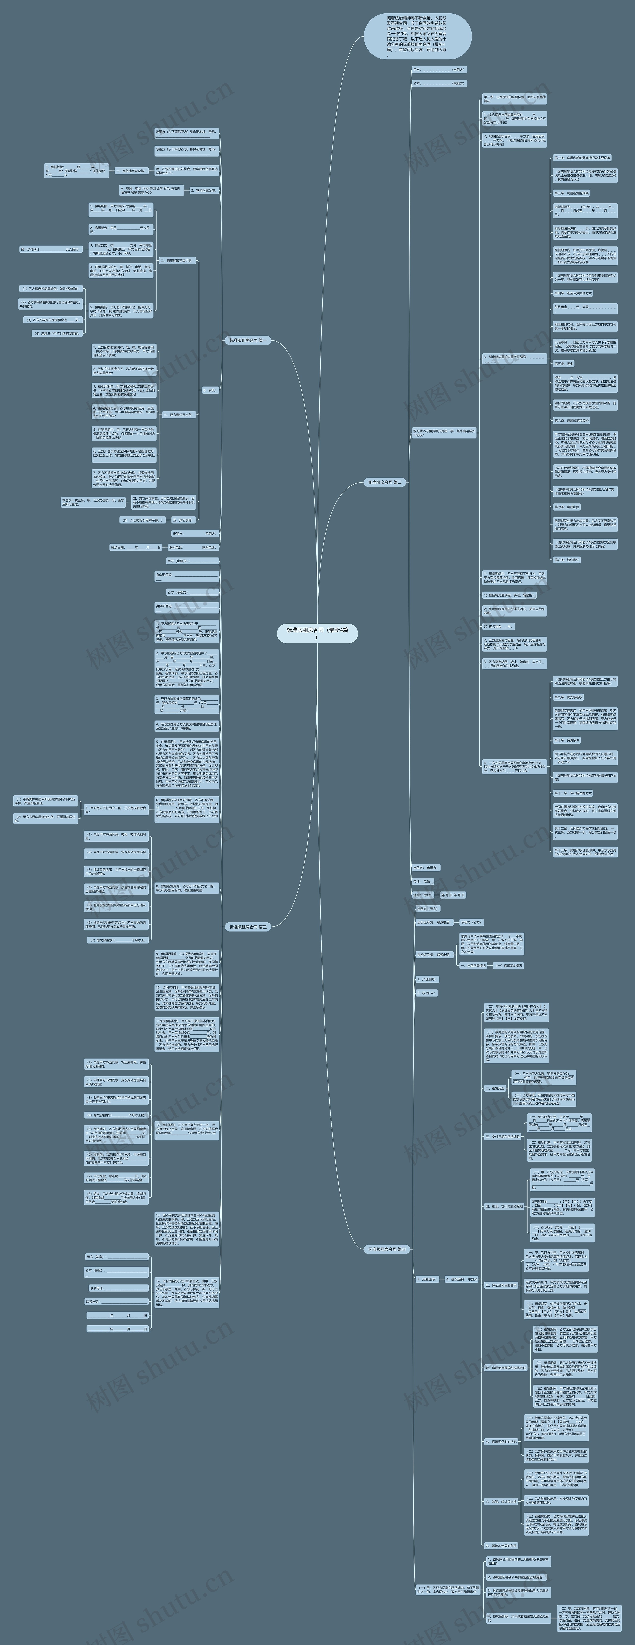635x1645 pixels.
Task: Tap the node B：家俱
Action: pos(210,389)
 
